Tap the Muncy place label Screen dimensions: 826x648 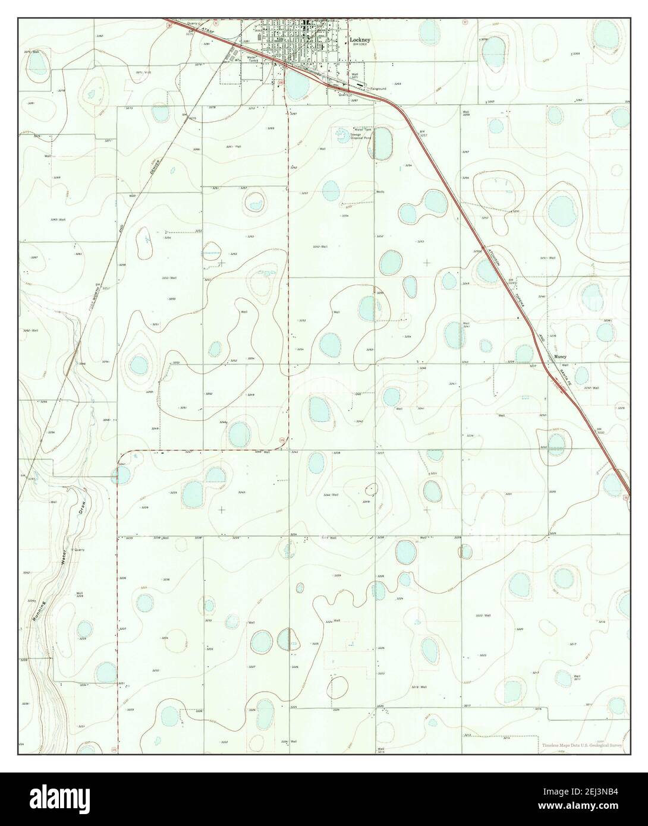coord(561,357)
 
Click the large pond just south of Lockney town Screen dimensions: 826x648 coord(297,86)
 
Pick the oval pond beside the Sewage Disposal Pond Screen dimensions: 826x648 coord(383,144)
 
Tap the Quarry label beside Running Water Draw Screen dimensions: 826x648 coord(79,550)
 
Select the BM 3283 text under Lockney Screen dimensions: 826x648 coord(360,44)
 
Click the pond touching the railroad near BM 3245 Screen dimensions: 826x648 coord(487,270)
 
